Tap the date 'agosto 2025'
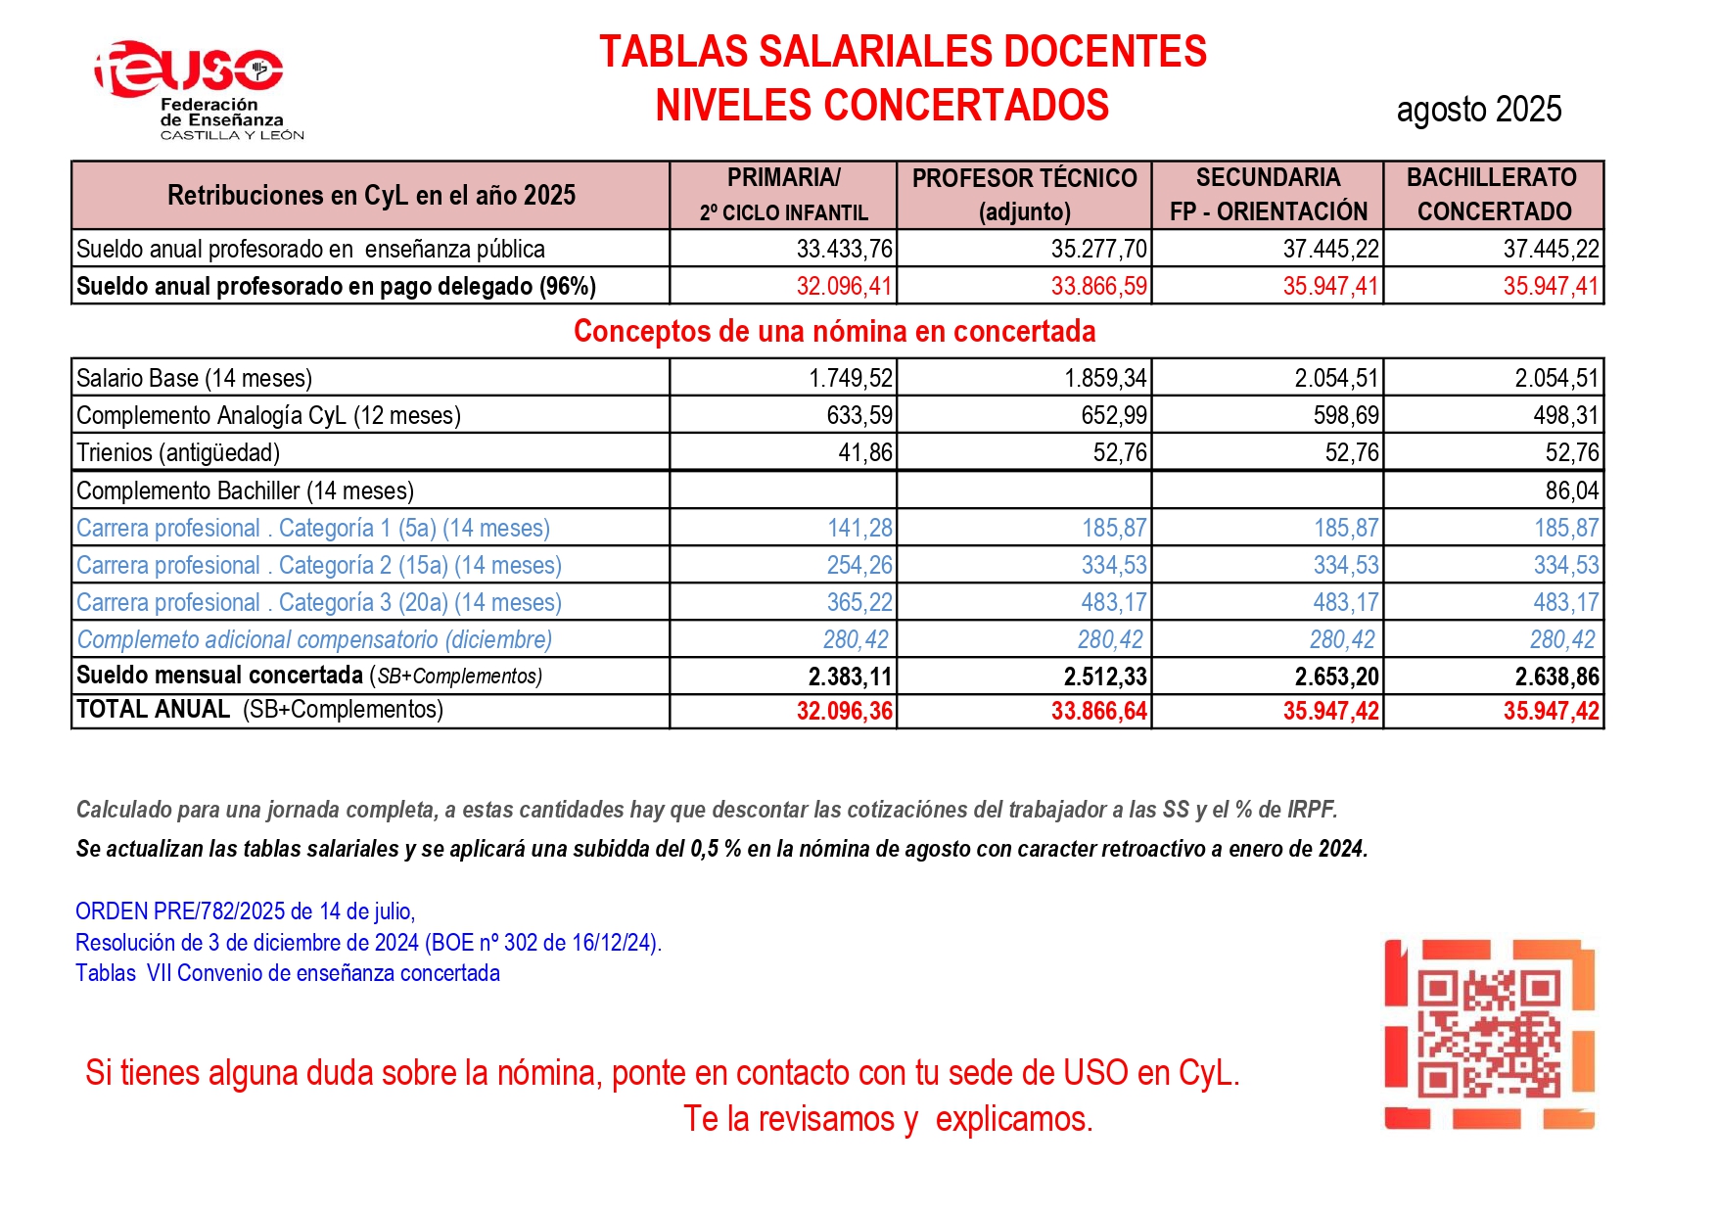[1478, 110]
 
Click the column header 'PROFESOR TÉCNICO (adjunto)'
[1024, 195]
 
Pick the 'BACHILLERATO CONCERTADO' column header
[1493, 195]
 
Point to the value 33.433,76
[844, 249]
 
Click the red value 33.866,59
[1098, 286]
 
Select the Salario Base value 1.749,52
[850, 378]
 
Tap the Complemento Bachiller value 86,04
[1571, 490]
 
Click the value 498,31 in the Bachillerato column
[1565, 415]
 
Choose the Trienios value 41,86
[865, 452]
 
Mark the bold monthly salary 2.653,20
[1336, 677]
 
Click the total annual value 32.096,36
[844, 711]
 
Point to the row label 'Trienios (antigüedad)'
[178, 452]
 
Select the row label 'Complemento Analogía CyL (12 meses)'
[268, 415]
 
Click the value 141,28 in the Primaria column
[859, 528]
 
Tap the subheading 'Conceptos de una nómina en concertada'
[834, 331]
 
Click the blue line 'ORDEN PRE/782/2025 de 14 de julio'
[245, 911]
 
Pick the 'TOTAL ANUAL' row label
[153, 710]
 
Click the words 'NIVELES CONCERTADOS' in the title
[881, 106]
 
